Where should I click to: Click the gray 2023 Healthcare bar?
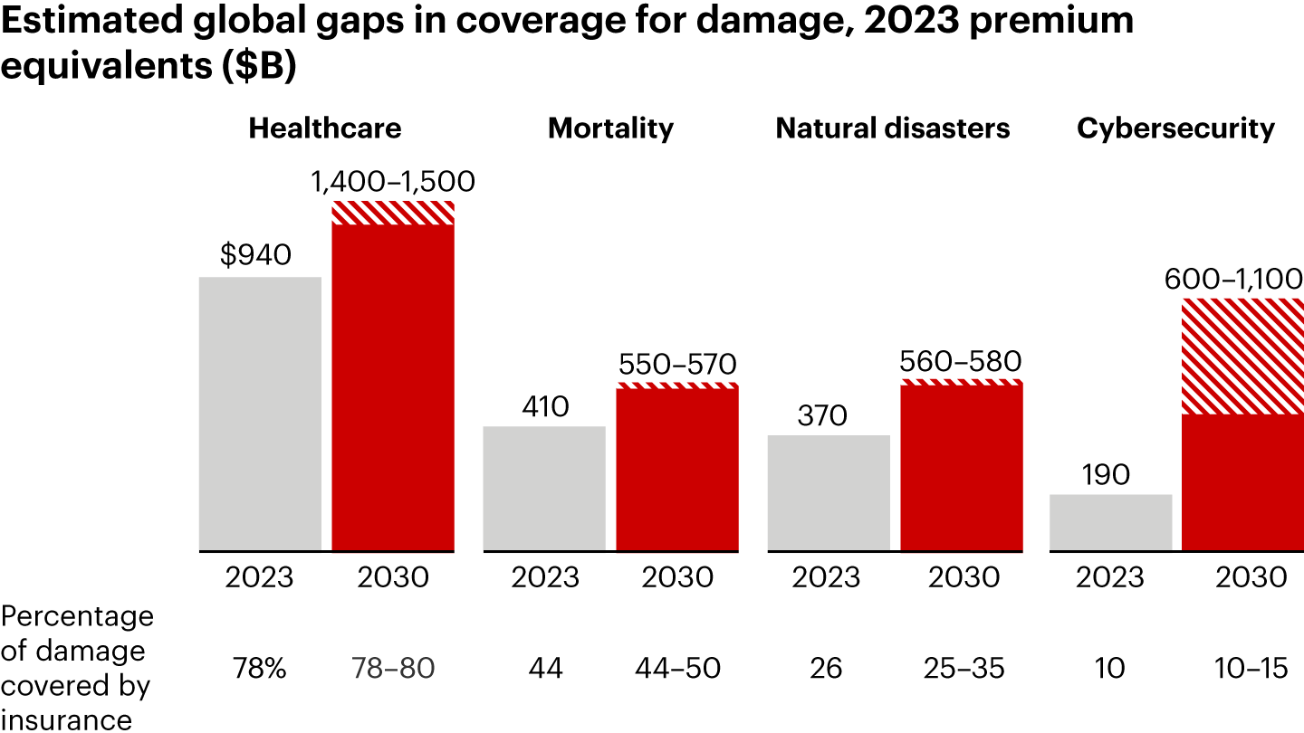click(260, 413)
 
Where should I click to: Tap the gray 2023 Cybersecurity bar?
click(1110, 522)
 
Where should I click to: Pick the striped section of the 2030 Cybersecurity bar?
click(1243, 357)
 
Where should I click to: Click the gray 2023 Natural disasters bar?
click(829, 492)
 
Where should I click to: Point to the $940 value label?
click(255, 256)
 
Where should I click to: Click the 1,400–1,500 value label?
click(393, 183)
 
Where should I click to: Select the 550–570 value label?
click(677, 364)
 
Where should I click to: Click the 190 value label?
click(1106, 474)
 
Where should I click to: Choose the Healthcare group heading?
click(325, 129)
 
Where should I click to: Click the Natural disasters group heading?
click(892, 129)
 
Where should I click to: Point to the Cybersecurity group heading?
click(1175, 129)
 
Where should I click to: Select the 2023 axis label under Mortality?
click(544, 577)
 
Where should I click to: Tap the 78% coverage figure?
click(260, 669)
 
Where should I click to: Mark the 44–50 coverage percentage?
click(677, 669)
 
